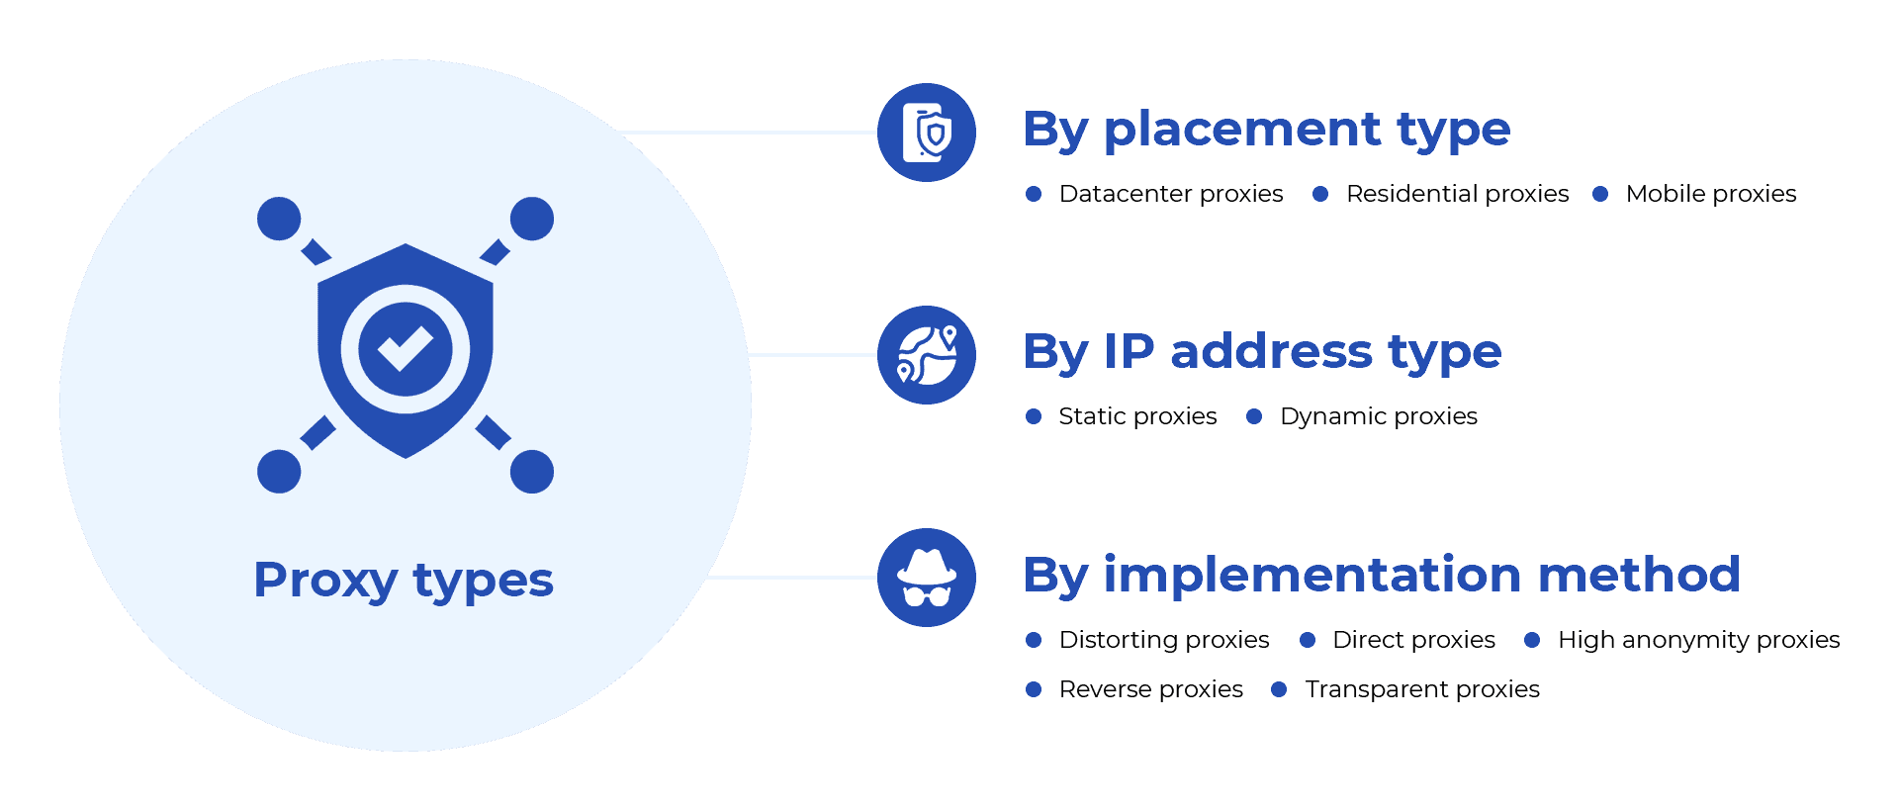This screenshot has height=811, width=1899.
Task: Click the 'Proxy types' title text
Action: click(x=404, y=580)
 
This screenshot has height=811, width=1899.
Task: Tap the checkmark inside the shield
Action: click(x=405, y=348)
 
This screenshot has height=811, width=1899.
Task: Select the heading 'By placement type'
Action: click(x=1267, y=130)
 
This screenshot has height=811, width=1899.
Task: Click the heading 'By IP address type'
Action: click(x=1262, y=352)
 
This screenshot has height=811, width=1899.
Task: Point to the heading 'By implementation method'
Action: click(x=1381, y=575)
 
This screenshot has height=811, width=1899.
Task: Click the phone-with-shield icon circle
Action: click(x=927, y=133)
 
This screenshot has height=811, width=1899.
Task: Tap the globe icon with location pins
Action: click(x=927, y=355)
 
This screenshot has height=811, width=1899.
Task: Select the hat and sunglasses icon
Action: click(x=927, y=578)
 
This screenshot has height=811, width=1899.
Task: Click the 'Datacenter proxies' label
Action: click(x=1171, y=194)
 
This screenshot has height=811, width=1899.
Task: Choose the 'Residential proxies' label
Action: click(x=1457, y=194)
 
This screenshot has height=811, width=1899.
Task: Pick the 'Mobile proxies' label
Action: click(x=1711, y=194)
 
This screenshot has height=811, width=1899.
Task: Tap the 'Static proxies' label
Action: click(x=1137, y=416)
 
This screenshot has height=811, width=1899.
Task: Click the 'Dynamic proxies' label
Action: click(x=1379, y=416)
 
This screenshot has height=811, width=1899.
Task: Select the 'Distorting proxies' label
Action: click(x=1164, y=640)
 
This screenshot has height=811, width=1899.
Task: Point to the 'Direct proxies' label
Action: click(x=1413, y=640)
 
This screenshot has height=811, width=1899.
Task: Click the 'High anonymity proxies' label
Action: click(x=1698, y=640)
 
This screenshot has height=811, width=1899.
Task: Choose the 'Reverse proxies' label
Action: click(x=1151, y=689)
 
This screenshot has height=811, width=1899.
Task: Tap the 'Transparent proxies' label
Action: click(x=1422, y=689)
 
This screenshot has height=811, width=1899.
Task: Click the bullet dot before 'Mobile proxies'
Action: click(x=1600, y=194)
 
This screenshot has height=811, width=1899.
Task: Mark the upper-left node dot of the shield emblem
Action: click(x=279, y=219)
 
